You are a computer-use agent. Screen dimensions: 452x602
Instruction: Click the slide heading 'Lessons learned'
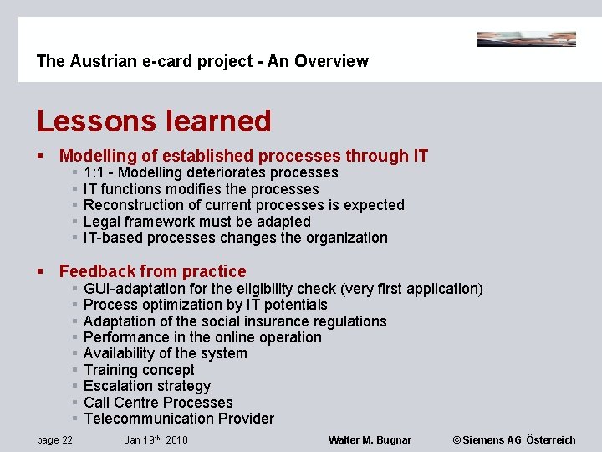click(154, 121)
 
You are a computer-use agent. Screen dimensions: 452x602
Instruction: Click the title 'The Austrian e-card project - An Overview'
click(202, 61)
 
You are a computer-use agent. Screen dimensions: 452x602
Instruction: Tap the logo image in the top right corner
click(526, 39)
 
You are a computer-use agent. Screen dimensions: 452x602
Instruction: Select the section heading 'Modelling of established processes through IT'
click(243, 156)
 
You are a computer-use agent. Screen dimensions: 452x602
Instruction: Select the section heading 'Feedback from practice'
click(153, 271)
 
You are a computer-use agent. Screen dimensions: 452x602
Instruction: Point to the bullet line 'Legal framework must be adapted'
click(197, 222)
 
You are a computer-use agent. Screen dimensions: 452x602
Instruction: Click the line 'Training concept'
click(139, 370)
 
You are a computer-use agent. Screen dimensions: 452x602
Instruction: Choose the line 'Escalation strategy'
click(147, 386)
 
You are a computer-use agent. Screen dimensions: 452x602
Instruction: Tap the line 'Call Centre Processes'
click(158, 403)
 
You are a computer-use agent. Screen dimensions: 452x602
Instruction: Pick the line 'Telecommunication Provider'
click(179, 419)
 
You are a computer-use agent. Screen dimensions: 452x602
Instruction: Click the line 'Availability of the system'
click(166, 353)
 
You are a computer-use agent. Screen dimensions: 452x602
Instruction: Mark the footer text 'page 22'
click(54, 440)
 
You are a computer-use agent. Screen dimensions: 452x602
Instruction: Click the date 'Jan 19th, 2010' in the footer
click(156, 440)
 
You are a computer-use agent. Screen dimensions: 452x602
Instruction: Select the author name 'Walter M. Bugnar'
click(370, 440)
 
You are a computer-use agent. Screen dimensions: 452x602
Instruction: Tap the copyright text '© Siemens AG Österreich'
click(514, 440)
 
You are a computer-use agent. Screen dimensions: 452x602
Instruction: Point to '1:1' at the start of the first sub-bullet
click(95, 172)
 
